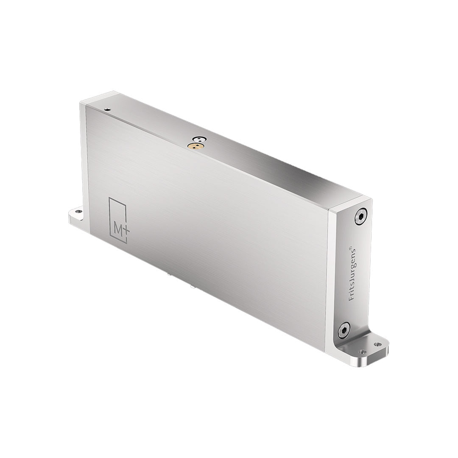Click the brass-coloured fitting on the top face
195,146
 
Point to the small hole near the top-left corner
108,109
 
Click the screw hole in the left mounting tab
78,210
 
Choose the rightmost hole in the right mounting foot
377,345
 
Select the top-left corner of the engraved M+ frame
109,198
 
